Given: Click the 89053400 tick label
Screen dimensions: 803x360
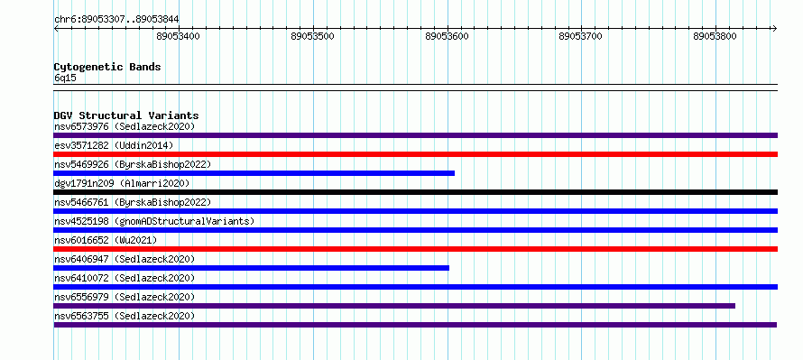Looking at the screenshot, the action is pyautogui.click(x=179, y=36).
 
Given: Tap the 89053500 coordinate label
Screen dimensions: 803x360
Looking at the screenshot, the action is pyautogui.click(x=312, y=36).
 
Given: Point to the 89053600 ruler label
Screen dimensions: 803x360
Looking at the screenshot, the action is pyautogui.click(x=448, y=36).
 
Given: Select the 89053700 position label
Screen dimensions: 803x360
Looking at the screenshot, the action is pyautogui.click(x=581, y=36).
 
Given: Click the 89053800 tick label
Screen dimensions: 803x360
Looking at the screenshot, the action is pyautogui.click(x=715, y=36).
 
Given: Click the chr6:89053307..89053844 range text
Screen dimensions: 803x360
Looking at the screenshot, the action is pyautogui.click(x=116, y=20).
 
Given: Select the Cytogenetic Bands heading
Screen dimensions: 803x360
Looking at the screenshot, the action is pyautogui.click(x=107, y=67).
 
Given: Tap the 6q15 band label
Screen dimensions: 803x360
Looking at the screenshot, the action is pyautogui.click(x=65, y=78).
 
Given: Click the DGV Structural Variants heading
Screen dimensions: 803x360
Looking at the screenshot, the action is pyautogui.click(x=126, y=115).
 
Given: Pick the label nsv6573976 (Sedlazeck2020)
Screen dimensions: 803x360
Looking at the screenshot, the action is pyautogui.click(x=125, y=126).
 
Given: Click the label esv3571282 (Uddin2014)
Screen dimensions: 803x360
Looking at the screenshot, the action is pyautogui.click(x=114, y=145).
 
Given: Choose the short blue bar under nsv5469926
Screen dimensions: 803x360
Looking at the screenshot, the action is pyautogui.click(x=254, y=173).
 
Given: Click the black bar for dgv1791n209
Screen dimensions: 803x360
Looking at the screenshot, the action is pyautogui.click(x=415, y=192).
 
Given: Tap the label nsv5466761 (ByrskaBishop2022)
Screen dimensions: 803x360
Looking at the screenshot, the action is pyautogui.click(x=133, y=202).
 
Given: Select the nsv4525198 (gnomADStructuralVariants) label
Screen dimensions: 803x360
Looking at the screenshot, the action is pyautogui.click(x=154, y=221).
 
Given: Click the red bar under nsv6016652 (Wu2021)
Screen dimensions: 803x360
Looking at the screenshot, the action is pyautogui.click(x=415, y=249).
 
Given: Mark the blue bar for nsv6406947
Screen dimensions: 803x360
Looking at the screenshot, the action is pyautogui.click(x=251, y=268).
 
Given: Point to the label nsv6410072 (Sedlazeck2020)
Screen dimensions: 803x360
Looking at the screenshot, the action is pyautogui.click(x=125, y=278).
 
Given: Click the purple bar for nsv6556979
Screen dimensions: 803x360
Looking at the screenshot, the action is pyautogui.click(x=394, y=306).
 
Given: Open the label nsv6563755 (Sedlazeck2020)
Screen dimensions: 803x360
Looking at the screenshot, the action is pyautogui.click(x=125, y=316).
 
